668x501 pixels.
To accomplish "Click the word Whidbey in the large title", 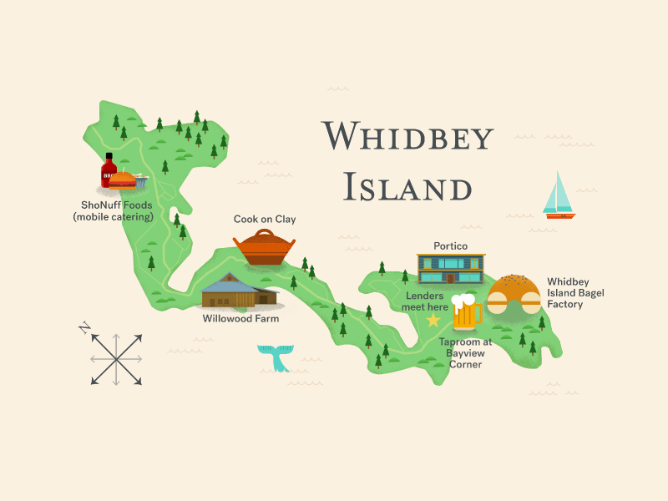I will [x=407, y=136].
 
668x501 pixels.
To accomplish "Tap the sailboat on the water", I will [x=559, y=196].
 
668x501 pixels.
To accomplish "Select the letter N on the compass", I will [x=84, y=327].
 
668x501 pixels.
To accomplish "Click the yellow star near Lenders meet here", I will [x=433, y=320].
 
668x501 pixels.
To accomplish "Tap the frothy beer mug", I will [x=466, y=311].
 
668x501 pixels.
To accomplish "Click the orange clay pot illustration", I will [x=265, y=247].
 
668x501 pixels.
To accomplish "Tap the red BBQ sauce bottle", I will [x=109, y=171].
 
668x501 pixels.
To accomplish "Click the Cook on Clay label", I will [x=265, y=220].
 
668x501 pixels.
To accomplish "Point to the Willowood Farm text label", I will [x=240, y=318].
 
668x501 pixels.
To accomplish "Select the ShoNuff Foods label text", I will [x=117, y=210].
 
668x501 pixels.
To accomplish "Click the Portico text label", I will [x=450, y=246].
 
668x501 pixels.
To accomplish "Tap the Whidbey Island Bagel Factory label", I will [x=575, y=293].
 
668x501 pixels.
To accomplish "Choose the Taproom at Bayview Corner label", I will [x=464, y=353].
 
